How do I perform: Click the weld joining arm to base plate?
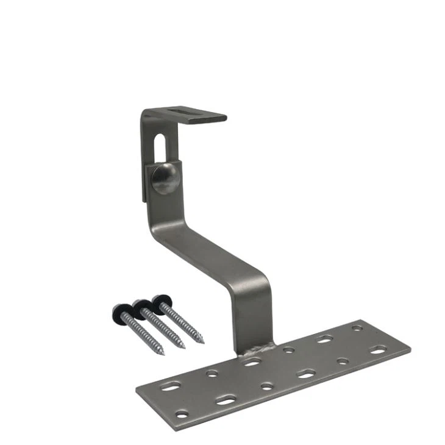click(252, 352)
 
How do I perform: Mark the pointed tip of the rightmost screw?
click(202, 341)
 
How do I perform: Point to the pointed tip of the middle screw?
click(183, 347)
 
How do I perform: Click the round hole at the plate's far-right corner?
click(357, 328)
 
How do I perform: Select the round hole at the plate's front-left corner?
click(182, 415)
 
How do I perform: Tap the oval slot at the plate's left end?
click(172, 386)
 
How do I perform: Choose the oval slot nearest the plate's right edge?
click(378, 350)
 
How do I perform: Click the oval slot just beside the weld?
click(251, 362)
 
